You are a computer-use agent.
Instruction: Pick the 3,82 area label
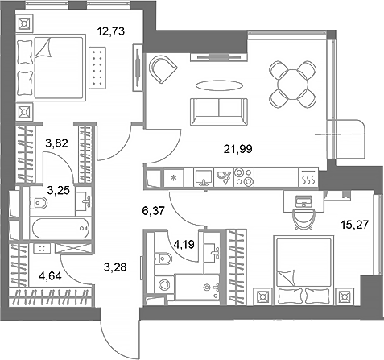click(58, 144)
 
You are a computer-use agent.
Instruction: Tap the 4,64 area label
click(36, 283)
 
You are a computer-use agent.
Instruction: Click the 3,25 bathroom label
click(57, 191)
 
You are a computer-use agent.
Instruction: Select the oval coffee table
click(217, 86)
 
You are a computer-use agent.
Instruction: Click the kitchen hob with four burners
click(243, 176)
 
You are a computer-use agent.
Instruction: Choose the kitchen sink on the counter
click(206, 176)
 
